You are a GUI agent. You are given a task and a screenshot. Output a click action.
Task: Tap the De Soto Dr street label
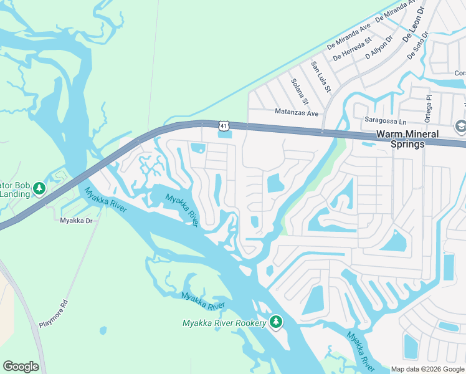click(x=418, y=45)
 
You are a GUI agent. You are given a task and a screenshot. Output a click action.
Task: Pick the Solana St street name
click(x=300, y=91)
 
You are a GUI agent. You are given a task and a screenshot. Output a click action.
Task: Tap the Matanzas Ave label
click(x=297, y=113)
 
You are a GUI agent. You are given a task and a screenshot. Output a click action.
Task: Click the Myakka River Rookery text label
click(x=224, y=323)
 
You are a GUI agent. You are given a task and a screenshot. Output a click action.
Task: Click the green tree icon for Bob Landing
click(x=39, y=188)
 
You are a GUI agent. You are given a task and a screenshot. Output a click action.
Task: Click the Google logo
click(x=21, y=367)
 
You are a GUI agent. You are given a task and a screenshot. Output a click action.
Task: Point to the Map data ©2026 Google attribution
click(x=427, y=369)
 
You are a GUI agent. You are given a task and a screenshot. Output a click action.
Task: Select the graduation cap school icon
click(x=460, y=125)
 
